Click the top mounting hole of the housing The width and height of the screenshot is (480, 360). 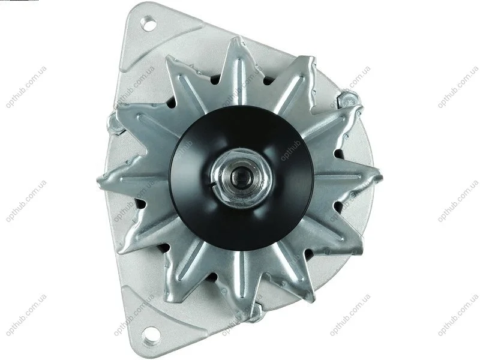tap(148, 23)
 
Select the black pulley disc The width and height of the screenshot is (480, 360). tap(241, 178)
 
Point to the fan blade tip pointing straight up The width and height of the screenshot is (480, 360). tap(236, 38)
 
